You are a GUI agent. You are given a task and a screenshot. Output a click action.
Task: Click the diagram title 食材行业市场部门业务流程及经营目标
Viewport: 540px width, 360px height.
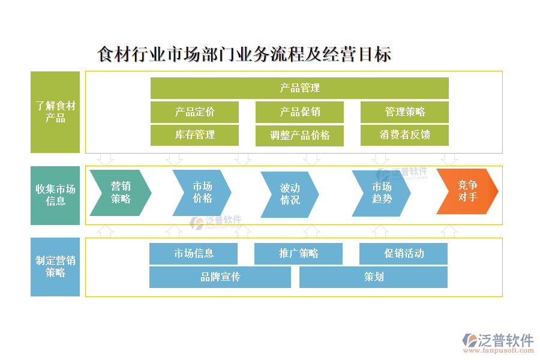pos(244,55)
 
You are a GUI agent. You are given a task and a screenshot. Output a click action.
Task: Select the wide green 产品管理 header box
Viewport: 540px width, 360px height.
pos(299,88)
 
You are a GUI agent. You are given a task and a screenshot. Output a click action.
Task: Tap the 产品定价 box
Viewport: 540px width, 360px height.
pos(194,112)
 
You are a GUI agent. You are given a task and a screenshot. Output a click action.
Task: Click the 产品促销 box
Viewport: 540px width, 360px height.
pos(299,112)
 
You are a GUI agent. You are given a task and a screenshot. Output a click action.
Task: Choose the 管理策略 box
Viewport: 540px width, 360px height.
pos(404,112)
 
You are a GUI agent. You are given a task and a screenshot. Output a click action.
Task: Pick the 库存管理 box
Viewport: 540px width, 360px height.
pos(194,135)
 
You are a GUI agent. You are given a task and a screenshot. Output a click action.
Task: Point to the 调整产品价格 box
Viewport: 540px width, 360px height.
pos(299,136)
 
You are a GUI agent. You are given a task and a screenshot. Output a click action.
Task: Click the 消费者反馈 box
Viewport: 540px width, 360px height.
pos(404,135)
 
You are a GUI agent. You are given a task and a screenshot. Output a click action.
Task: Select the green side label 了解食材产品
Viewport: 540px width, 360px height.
pos(55,112)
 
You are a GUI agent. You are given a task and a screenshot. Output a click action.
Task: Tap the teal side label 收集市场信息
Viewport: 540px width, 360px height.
pos(55,195)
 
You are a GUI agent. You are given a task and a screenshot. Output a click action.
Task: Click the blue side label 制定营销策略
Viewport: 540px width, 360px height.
pos(55,266)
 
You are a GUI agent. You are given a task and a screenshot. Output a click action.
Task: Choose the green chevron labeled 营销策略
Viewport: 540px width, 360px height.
pos(120,192)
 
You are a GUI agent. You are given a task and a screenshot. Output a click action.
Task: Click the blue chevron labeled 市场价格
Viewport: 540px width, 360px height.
pos(202,192)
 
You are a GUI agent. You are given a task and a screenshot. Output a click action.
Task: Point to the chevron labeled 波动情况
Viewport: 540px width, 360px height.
pos(289,194)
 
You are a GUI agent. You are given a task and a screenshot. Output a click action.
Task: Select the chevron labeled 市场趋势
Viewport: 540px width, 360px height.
pos(381,192)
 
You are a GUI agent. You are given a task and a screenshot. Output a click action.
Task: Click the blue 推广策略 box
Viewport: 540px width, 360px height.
pos(298,254)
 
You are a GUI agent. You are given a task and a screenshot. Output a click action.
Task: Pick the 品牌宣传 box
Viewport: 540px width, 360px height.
pos(220,277)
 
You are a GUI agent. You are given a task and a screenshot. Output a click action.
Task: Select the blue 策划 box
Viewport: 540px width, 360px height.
pos(373,277)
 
